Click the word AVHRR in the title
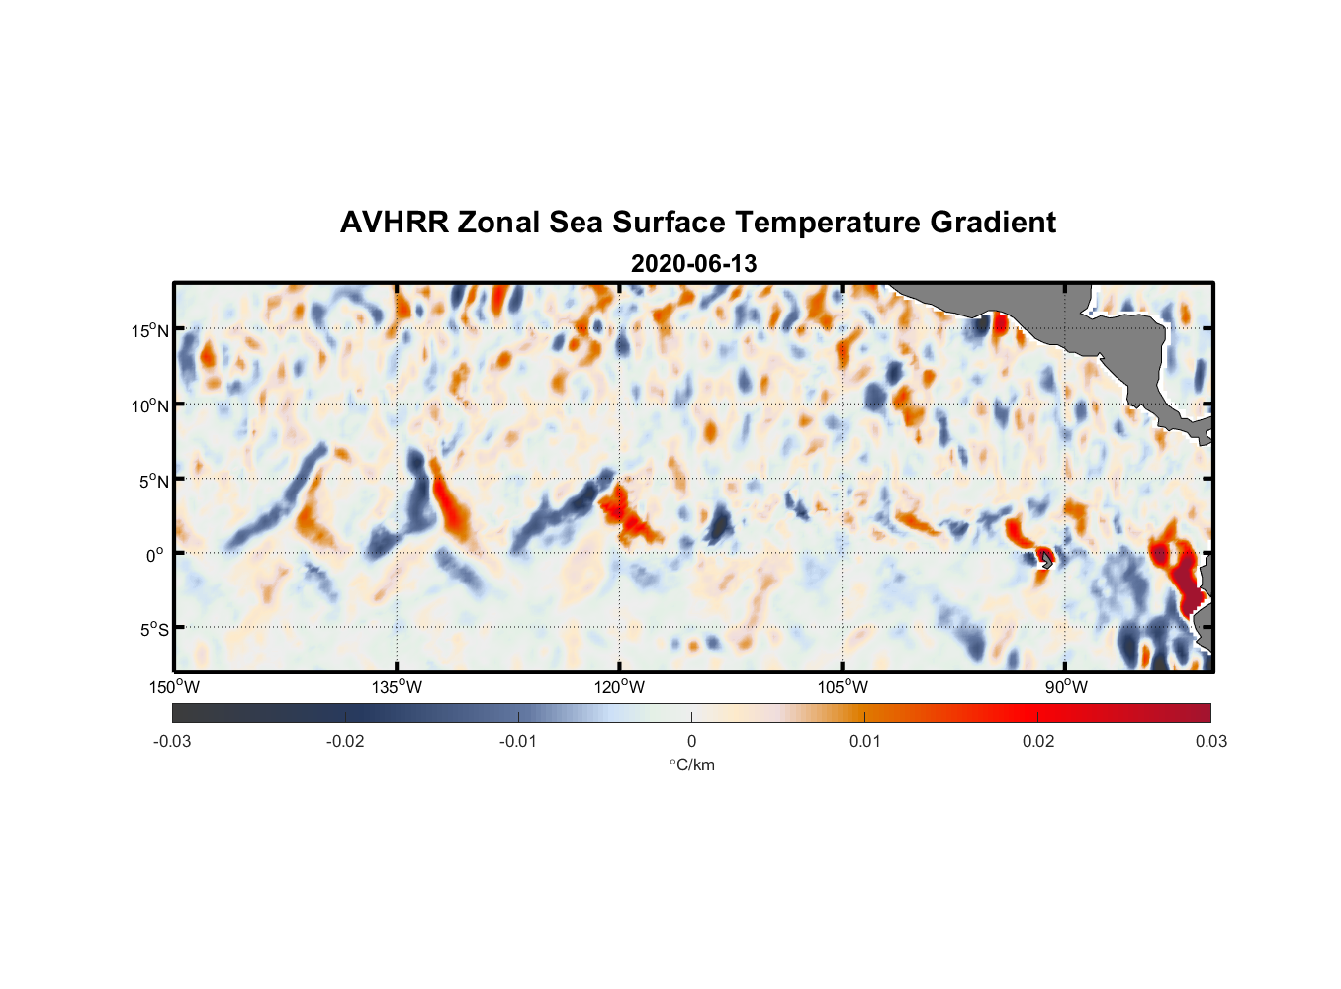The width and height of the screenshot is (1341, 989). tap(394, 223)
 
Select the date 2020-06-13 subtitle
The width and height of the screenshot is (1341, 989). tap(693, 264)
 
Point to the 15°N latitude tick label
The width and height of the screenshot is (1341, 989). tap(150, 330)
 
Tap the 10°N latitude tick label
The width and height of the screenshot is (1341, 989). tap(150, 405)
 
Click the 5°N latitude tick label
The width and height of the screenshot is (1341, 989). tap(153, 481)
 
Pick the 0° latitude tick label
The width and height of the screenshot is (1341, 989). tap(155, 555)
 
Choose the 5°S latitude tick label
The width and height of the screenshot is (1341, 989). tap(153, 629)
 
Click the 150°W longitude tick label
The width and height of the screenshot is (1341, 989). tap(174, 687)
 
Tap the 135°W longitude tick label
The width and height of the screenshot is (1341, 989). tap(397, 687)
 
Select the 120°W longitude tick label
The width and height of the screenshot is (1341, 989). tap(620, 687)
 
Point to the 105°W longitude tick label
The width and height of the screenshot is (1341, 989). tap(843, 687)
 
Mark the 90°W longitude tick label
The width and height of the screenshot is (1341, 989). tap(1065, 687)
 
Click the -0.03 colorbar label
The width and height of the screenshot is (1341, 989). tap(172, 741)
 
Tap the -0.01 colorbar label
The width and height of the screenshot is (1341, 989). tap(518, 741)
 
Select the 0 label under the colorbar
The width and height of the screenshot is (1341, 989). tap(691, 741)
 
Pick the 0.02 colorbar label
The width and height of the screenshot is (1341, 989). tap(1038, 741)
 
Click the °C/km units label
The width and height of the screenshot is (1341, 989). tap(691, 764)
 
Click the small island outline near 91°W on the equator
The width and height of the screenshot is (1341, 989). tap(1046, 560)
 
